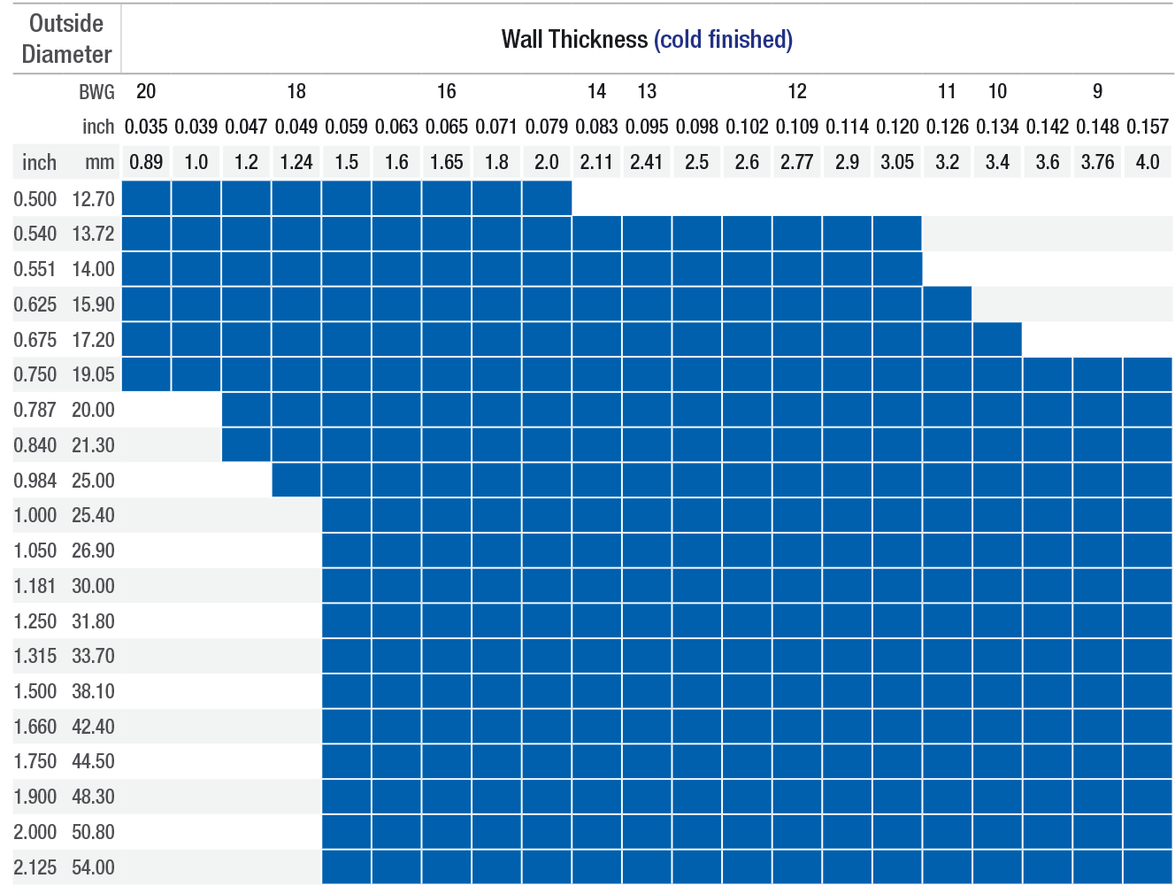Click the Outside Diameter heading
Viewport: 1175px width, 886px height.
click(66, 39)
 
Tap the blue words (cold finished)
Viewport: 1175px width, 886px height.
click(723, 39)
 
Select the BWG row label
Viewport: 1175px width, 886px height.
click(96, 91)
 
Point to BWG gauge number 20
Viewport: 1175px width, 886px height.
click(146, 91)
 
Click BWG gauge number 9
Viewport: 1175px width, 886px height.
click(1097, 91)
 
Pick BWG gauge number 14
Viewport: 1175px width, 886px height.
click(596, 91)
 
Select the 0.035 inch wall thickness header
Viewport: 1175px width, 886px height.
click(146, 127)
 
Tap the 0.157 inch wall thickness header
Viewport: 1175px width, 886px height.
click(1148, 127)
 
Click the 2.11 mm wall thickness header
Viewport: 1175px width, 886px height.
click(596, 162)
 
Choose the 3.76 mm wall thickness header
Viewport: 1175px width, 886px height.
click(1097, 162)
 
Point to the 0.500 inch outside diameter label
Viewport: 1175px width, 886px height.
click(35, 199)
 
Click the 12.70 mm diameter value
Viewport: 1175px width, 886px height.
click(93, 199)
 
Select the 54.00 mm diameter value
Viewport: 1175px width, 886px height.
click(93, 867)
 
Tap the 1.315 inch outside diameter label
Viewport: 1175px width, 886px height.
click(35, 656)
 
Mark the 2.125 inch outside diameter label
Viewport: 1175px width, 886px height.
click(35, 867)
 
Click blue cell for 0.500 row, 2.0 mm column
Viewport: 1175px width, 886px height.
click(547, 198)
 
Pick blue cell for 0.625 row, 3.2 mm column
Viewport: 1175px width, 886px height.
click(947, 304)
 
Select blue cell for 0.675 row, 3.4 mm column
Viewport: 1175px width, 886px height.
click(997, 339)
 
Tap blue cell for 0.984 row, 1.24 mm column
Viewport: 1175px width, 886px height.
click(296, 480)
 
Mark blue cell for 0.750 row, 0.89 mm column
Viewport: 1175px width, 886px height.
click(146, 374)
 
